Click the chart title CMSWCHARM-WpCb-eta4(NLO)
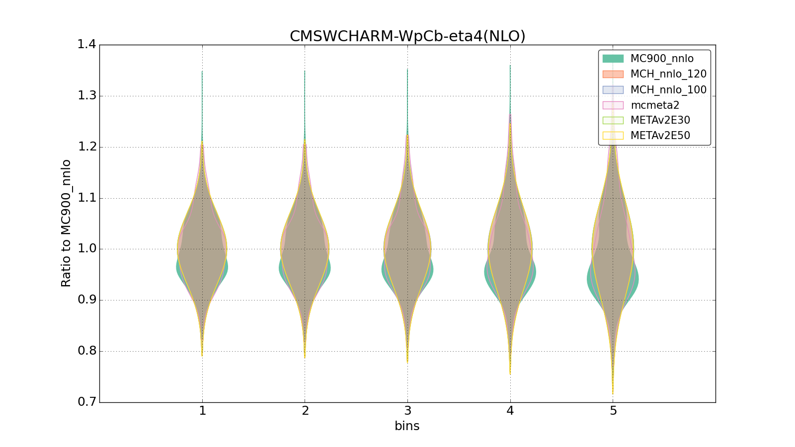[407, 36]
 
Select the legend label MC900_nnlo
[662, 59]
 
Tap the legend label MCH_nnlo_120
[668, 74]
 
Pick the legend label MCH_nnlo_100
[668, 90]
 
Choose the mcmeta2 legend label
[655, 105]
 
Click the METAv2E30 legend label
[660, 120]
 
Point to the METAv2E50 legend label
[660, 136]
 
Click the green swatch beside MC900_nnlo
[613, 59]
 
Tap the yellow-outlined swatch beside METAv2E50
[613, 136]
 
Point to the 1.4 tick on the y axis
[86, 45]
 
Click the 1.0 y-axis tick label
[86, 249]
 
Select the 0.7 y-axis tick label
[86, 402]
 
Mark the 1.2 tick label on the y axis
[86, 147]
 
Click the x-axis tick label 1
[202, 411]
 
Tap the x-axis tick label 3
[407, 411]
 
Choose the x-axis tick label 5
[613, 411]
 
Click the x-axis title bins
[407, 426]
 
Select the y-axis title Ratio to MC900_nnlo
[66, 223]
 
